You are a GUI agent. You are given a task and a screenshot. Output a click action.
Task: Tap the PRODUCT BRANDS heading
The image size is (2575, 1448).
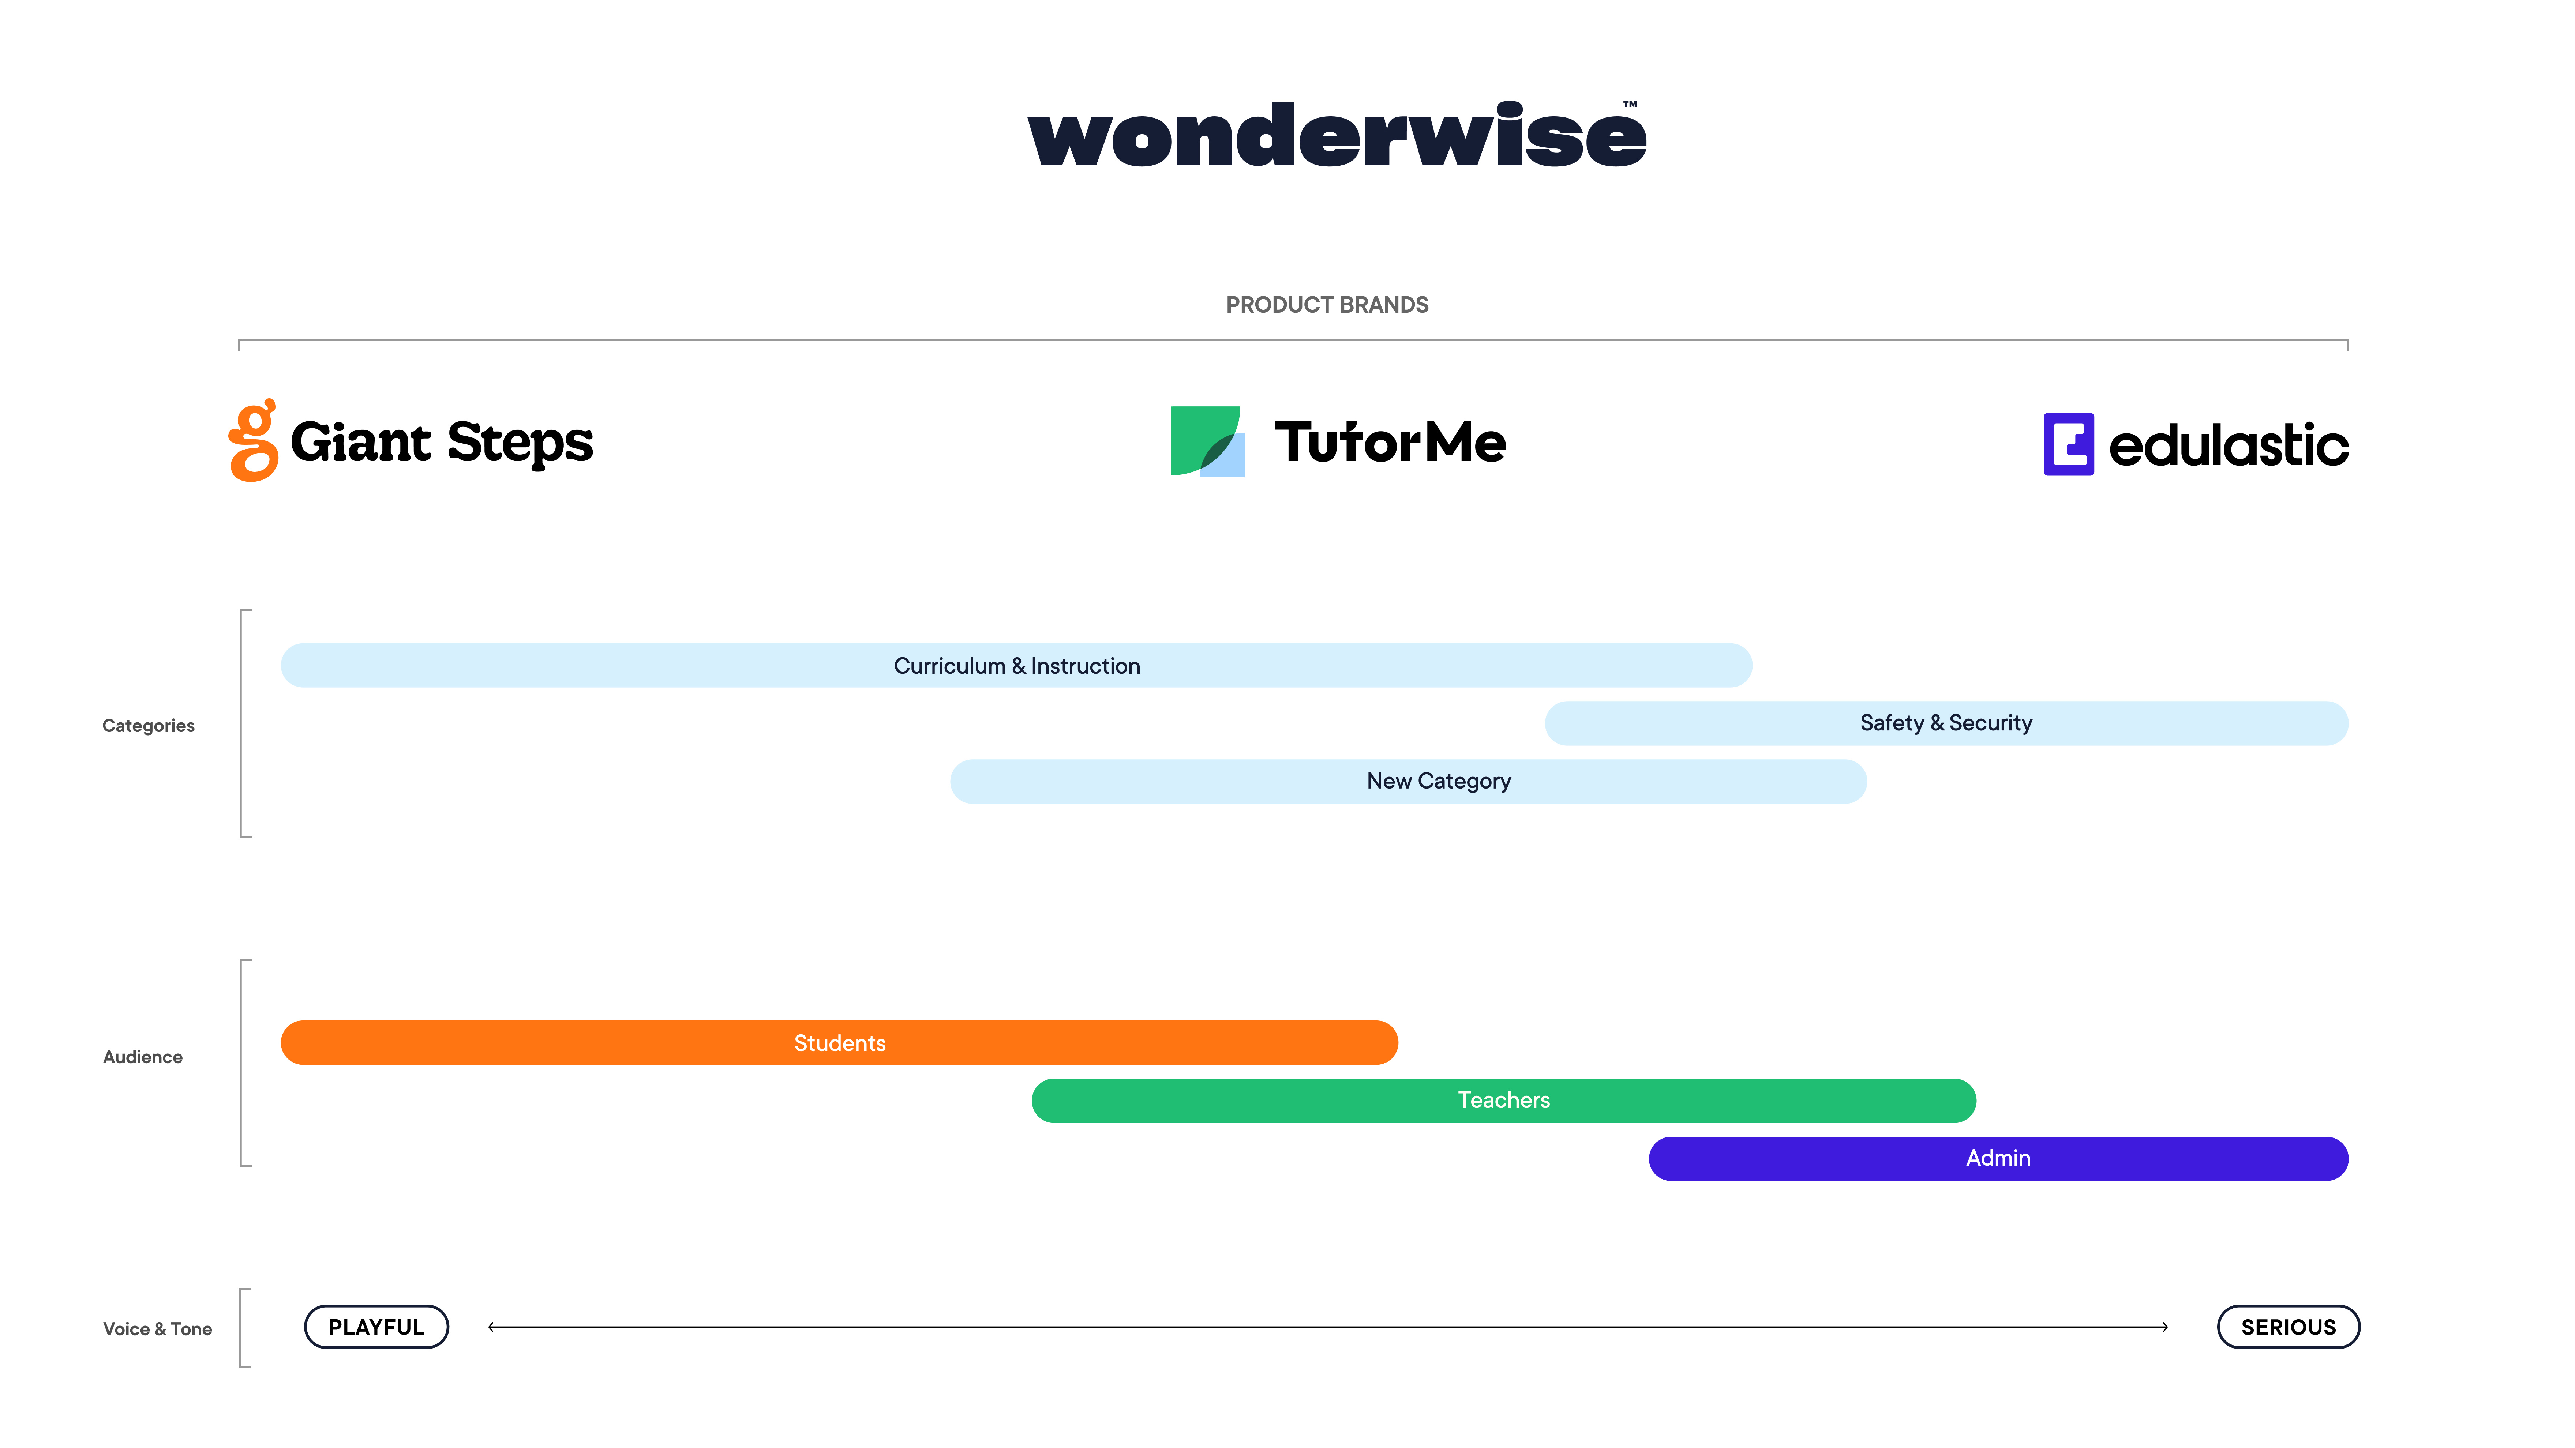coord(1327,305)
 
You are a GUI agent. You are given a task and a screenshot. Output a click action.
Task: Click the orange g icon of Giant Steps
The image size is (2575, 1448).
coord(253,441)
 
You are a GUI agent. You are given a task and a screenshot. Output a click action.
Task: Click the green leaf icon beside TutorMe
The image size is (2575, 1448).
coord(1207,441)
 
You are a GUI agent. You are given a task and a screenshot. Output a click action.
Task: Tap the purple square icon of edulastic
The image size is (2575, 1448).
coord(2068,444)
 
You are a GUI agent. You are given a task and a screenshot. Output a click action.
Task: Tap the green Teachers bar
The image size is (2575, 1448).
coord(1503,1100)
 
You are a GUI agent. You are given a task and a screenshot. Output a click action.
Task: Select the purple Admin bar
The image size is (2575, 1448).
coord(1998,1158)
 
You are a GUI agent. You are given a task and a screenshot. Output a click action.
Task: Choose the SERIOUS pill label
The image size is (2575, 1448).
coord(2288,1327)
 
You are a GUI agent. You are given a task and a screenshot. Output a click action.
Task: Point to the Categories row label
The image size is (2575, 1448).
coord(148,726)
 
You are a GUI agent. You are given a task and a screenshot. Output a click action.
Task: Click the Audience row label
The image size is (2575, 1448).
coord(143,1057)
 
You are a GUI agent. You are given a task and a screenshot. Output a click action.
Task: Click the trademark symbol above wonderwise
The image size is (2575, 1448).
coord(1630,104)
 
